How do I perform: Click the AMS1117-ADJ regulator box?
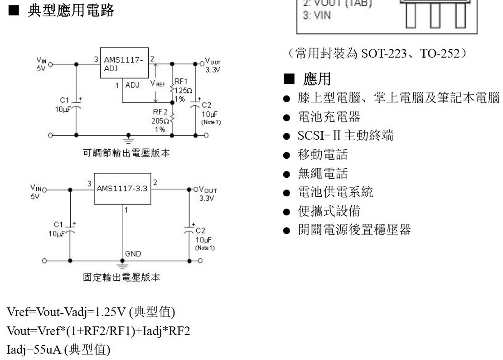click(x=124, y=64)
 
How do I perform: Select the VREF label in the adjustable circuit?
click(x=158, y=84)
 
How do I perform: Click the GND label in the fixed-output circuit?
click(x=132, y=254)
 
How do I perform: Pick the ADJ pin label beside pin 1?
click(x=132, y=85)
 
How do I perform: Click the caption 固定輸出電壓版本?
click(x=121, y=277)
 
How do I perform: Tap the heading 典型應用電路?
click(x=71, y=10)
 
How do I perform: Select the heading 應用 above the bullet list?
click(x=317, y=79)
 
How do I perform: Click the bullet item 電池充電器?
click(x=329, y=117)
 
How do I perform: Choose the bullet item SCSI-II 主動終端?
click(x=345, y=136)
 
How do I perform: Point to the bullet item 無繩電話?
click(x=323, y=173)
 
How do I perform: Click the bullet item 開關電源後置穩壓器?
click(x=354, y=229)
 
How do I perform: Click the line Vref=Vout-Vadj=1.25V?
click(x=91, y=312)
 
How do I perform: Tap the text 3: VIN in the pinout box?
click(x=317, y=15)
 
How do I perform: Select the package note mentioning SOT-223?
click(x=377, y=54)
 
